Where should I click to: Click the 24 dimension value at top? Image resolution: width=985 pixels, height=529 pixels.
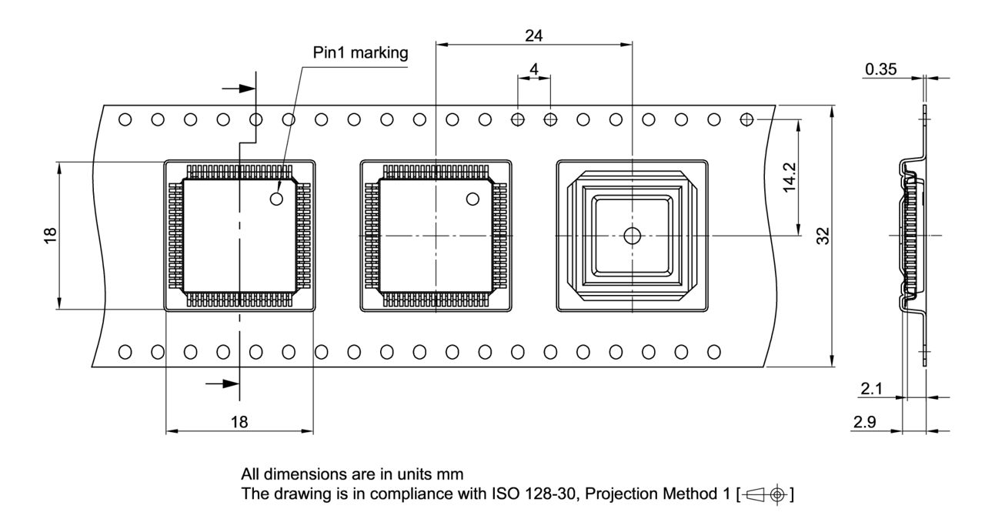pyautogui.click(x=533, y=35)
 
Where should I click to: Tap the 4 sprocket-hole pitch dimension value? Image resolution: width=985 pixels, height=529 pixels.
pyautogui.click(x=534, y=69)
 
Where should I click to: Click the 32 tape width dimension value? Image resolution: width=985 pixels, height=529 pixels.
pyautogui.click(x=824, y=236)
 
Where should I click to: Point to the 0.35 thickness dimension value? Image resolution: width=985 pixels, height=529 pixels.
pyautogui.click(x=880, y=69)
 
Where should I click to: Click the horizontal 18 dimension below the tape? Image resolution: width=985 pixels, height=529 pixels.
pyautogui.click(x=239, y=421)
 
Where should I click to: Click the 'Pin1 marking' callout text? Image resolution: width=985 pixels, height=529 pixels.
pyautogui.click(x=360, y=53)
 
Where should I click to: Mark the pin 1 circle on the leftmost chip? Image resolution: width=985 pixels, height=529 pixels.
pyautogui.click(x=277, y=199)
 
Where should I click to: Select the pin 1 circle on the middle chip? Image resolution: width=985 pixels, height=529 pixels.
pyautogui.click(x=472, y=199)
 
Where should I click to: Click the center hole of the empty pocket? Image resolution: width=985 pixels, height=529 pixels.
pyautogui.click(x=632, y=236)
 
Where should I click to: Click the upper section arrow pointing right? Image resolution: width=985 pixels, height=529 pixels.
pyautogui.click(x=239, y=88)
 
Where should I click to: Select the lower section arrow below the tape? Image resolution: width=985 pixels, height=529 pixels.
pyautogui.click(x=224, y=383)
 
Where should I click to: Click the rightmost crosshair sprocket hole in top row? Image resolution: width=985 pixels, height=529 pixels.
pyautogui.click(x=746, y=119)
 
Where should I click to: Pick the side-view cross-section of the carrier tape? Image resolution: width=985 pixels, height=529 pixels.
pyautogui.click(x=913, y=235)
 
